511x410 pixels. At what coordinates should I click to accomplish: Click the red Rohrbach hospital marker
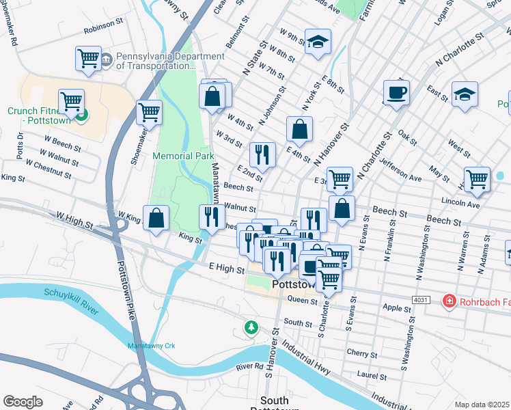[449, 301]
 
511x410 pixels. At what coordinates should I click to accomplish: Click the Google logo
[23, 402]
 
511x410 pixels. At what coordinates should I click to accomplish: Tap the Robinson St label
[102, 31]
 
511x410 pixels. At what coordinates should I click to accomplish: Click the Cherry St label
[357, 353]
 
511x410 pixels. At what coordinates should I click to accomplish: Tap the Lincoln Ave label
[461, 204]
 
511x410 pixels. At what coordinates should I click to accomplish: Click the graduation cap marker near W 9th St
[318, 42]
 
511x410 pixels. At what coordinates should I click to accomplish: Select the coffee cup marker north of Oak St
[396, 93]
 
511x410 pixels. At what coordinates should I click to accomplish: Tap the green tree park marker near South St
[252, 328]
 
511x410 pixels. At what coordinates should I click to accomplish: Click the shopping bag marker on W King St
[156, 219]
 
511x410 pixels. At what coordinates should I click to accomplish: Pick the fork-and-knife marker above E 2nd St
[262, 155]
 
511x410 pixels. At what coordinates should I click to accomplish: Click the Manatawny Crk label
[152, 346]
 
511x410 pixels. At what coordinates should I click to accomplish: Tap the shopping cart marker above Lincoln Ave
[477, 180]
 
